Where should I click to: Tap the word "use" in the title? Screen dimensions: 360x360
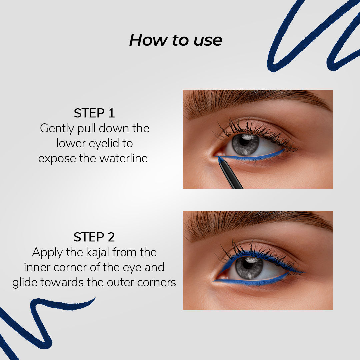(x=208, y=41)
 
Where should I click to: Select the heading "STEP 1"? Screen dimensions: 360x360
(x=94, y=113)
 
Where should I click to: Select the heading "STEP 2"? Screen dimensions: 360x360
(x=94, y=237)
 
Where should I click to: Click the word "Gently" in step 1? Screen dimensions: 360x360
(x=57, y=129)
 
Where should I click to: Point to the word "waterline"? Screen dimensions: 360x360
(x=124, y=158)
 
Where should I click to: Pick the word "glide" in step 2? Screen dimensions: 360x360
(x=25, y=283)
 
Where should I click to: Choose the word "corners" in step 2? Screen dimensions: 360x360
(x=157, y=283)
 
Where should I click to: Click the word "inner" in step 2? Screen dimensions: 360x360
(x=37, y=267)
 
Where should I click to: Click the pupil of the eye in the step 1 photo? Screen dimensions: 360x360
(x=244, y=141)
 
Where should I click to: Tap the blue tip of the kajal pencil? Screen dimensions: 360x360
(x=221, y=159)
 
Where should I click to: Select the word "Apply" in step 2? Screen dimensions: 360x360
(x=47, y=253)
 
